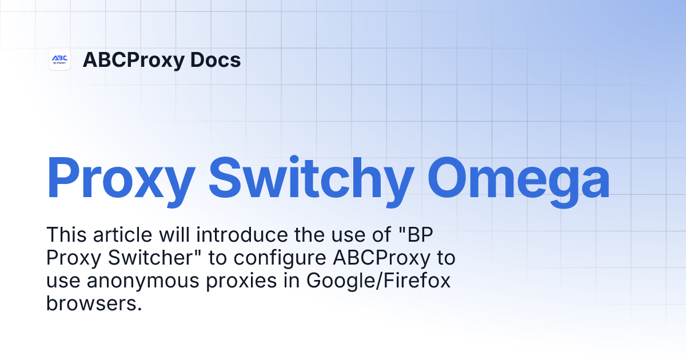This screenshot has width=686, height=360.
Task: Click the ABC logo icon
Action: [59, 59]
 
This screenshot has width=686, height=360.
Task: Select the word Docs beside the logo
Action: [218, 60]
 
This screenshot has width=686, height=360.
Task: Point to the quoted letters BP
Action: [425, 234]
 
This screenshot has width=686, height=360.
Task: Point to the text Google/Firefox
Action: [378, 281]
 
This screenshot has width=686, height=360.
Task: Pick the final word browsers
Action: [93, 303]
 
